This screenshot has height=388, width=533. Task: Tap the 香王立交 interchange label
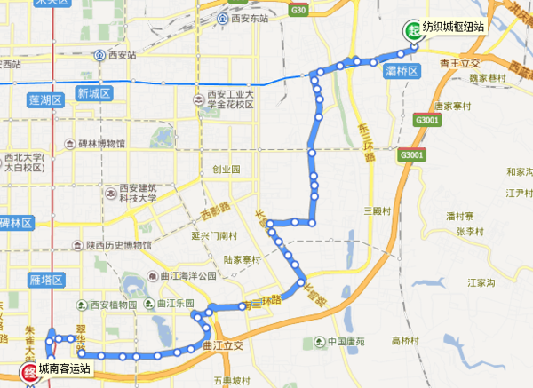(x=458, y=64)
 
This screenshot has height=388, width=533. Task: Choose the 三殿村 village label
(x=378, y=210)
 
